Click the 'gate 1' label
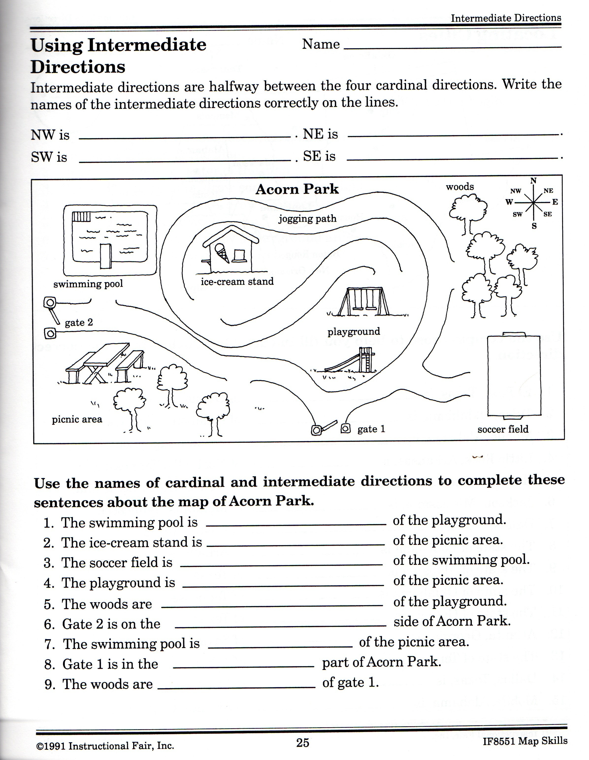click(x=371, y=429)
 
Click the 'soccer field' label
click(x=503, y=429)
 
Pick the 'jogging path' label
click(x=307, y=219)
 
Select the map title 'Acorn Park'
click(x=297, y=189)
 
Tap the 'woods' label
click(x=460, y=187)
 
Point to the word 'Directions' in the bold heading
click(x=78, y=66)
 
